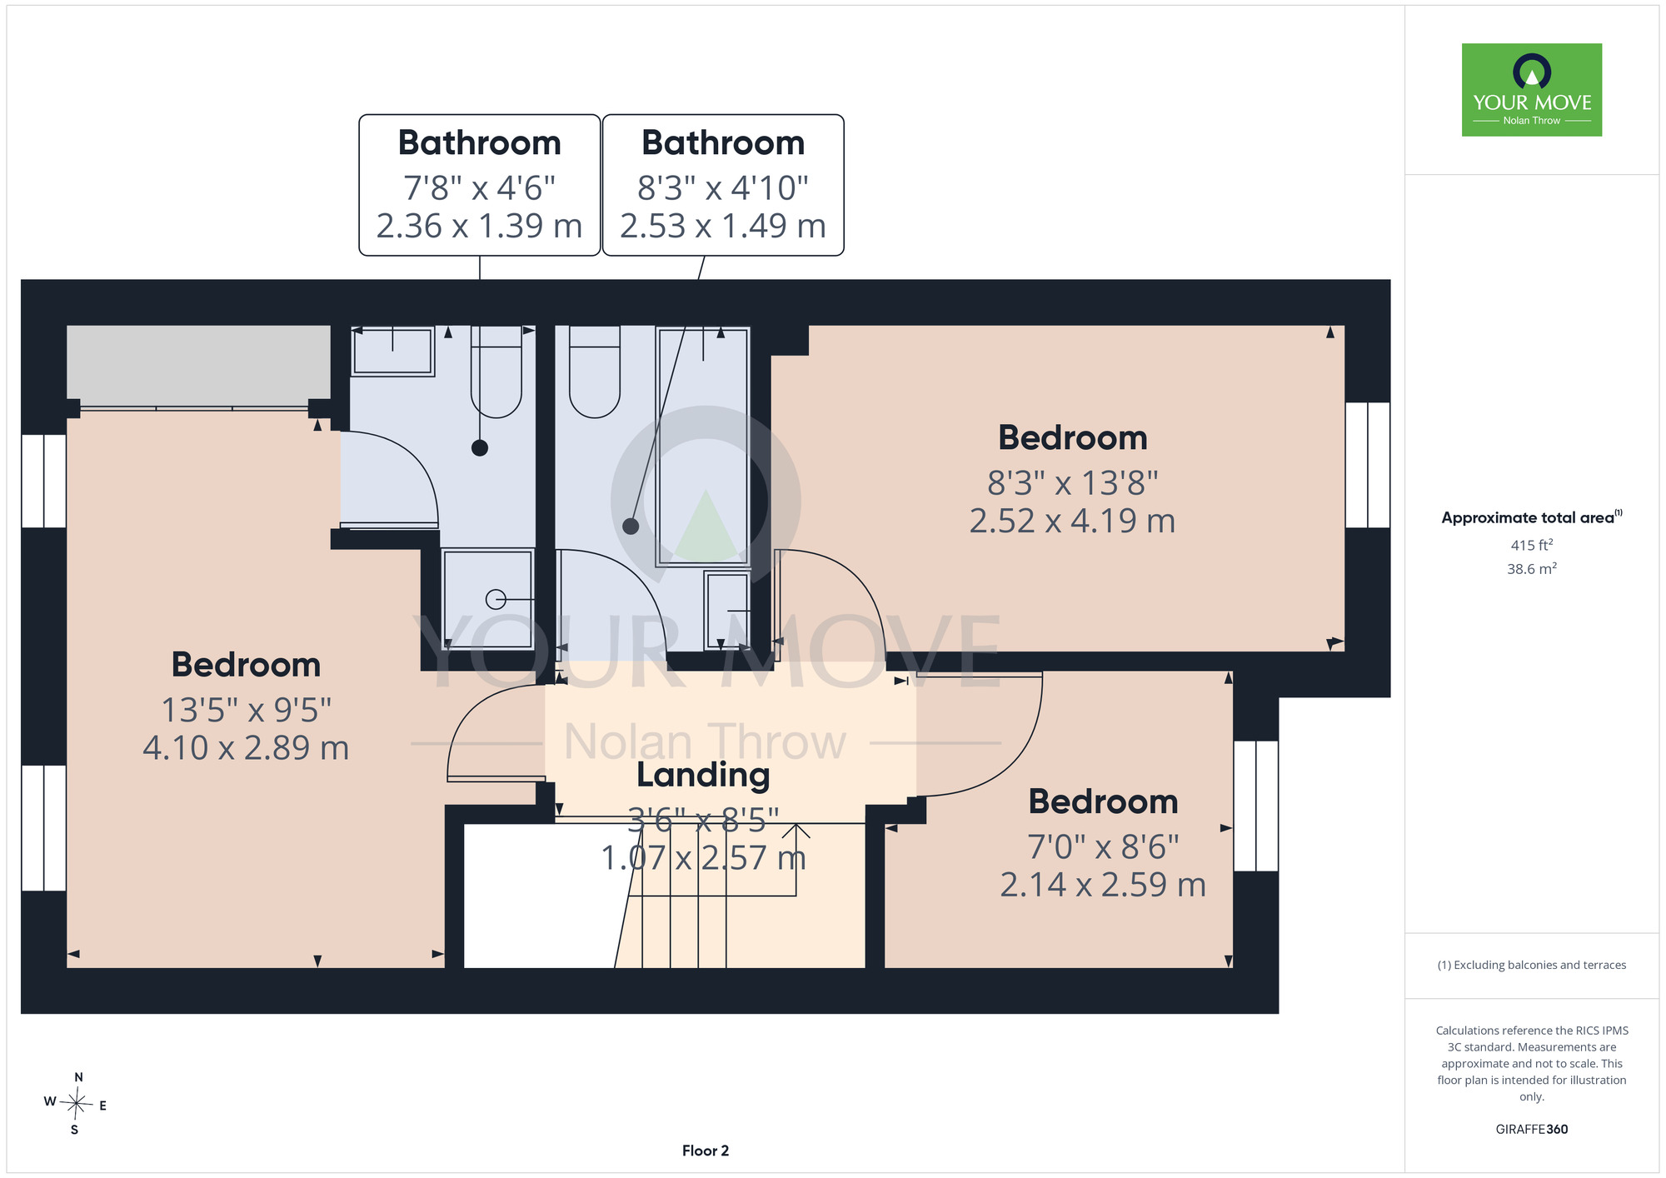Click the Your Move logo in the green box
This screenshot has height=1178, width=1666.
(1531, 90)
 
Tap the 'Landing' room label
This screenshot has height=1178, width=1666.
(703, 775)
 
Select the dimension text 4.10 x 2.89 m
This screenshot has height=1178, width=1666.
(246, 747)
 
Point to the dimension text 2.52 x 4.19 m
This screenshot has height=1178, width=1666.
(1072, 521)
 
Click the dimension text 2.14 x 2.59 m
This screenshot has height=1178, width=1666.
(1103, 884)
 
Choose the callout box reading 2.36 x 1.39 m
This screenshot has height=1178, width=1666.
(480, 185)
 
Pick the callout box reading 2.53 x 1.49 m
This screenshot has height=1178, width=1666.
(723, 185)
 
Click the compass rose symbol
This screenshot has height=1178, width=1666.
(76, 1105)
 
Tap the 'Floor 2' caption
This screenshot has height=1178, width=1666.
(706, 1151)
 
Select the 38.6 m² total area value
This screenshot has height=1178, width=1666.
(1531, 569)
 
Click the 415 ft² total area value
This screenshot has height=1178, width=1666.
(1531, 545)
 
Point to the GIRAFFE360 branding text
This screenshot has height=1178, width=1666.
(1531, 1130)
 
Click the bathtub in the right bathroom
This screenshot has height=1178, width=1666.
(703, 447)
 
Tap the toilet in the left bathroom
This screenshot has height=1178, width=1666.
(496, 372)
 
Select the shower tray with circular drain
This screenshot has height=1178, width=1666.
(487, 598)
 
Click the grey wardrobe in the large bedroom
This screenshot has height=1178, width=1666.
(198, 363)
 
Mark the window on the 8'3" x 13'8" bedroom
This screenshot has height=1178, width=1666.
(1368, 465)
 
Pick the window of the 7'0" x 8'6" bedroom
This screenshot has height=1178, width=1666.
(1256, 806)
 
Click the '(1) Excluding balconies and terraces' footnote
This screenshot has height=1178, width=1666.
(1531, 965)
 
